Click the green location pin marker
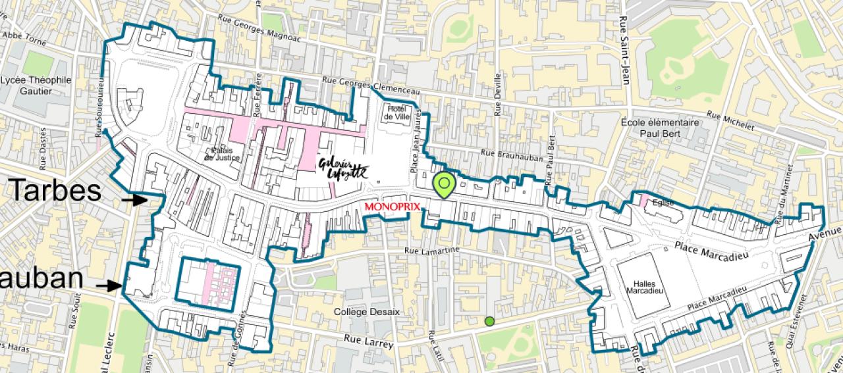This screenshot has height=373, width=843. [x=445, y=185]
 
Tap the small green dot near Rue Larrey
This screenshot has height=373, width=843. [x=489, y=322]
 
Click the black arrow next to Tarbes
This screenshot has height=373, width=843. [x=138, y=199]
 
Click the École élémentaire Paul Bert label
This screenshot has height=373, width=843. [x=659, y=127]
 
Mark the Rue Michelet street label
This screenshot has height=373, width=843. [x=730, y=119]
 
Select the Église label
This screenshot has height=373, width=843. [x=663, y=203]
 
